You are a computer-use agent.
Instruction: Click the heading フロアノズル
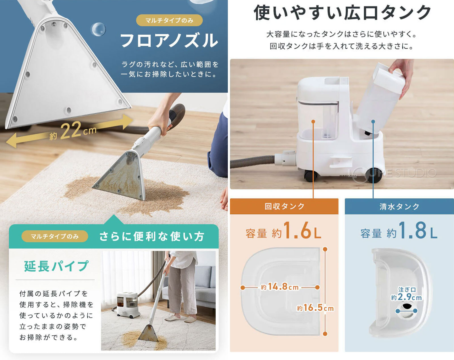tap(169, 41)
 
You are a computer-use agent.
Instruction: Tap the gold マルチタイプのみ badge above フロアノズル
tap(169, 20)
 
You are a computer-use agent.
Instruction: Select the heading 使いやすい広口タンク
tap(342, 13)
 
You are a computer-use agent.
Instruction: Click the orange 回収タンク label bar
tap(284, 206)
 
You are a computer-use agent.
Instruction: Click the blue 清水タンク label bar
tap(399, 206)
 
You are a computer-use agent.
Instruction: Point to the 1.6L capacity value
tap(302, 231)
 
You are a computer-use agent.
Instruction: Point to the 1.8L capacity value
tap(417, 231)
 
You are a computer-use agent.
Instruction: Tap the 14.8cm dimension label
tap(280, 287)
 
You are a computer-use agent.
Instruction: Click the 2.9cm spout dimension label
tap(406, 297)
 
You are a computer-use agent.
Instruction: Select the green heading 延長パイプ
tap(56, 266)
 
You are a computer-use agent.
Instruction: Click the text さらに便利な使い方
tap(152, 236)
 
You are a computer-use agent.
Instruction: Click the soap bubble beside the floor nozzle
tap(98, 29)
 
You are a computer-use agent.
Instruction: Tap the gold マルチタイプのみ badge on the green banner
tap(55, 236)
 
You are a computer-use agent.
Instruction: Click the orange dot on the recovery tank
tap(313, 121)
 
